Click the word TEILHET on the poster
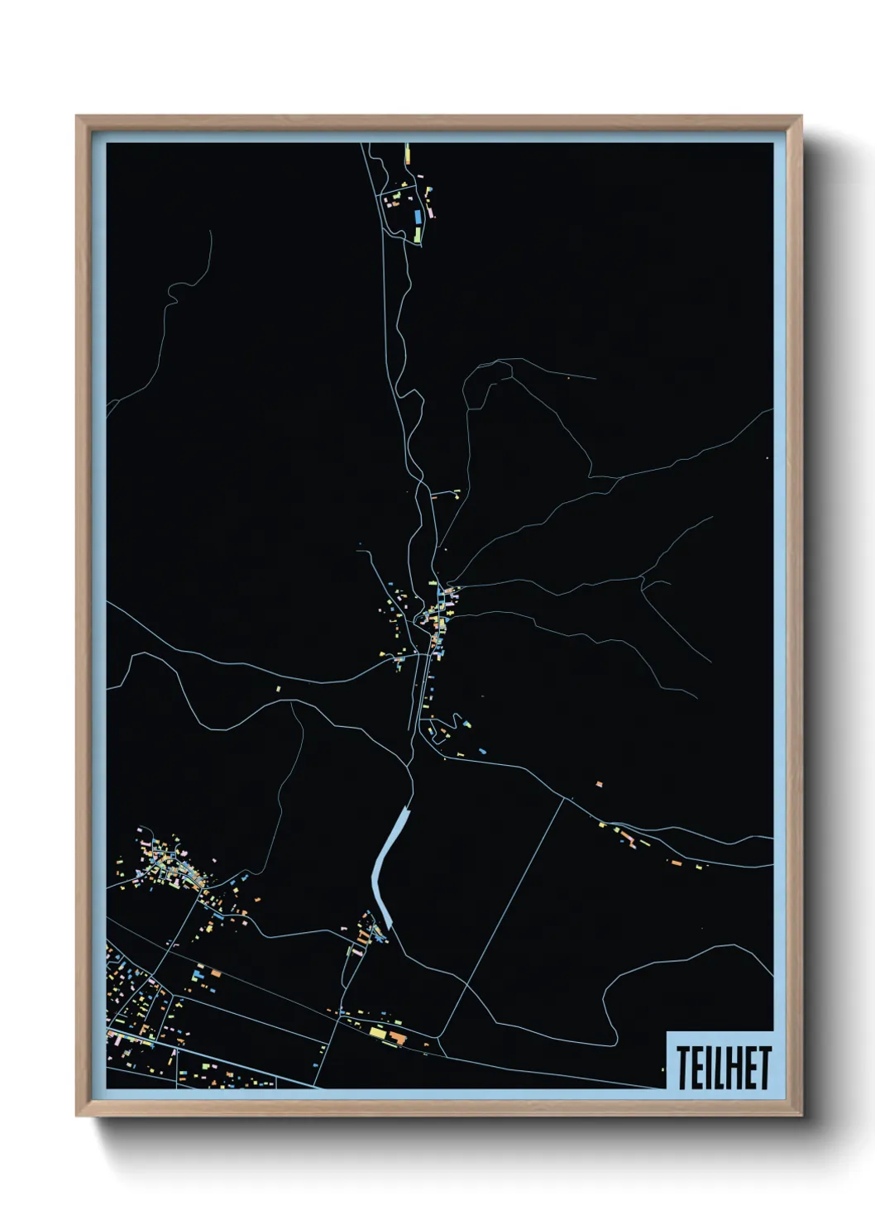click(724, 1067)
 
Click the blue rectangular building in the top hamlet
click(418, 217)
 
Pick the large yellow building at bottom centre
click(377, 1031)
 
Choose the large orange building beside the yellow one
click(399, 1037)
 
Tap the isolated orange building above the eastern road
click(600, 782)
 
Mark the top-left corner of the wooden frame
click(77, 117)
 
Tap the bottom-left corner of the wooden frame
click(77, 1116)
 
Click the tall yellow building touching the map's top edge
click(407, 154)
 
